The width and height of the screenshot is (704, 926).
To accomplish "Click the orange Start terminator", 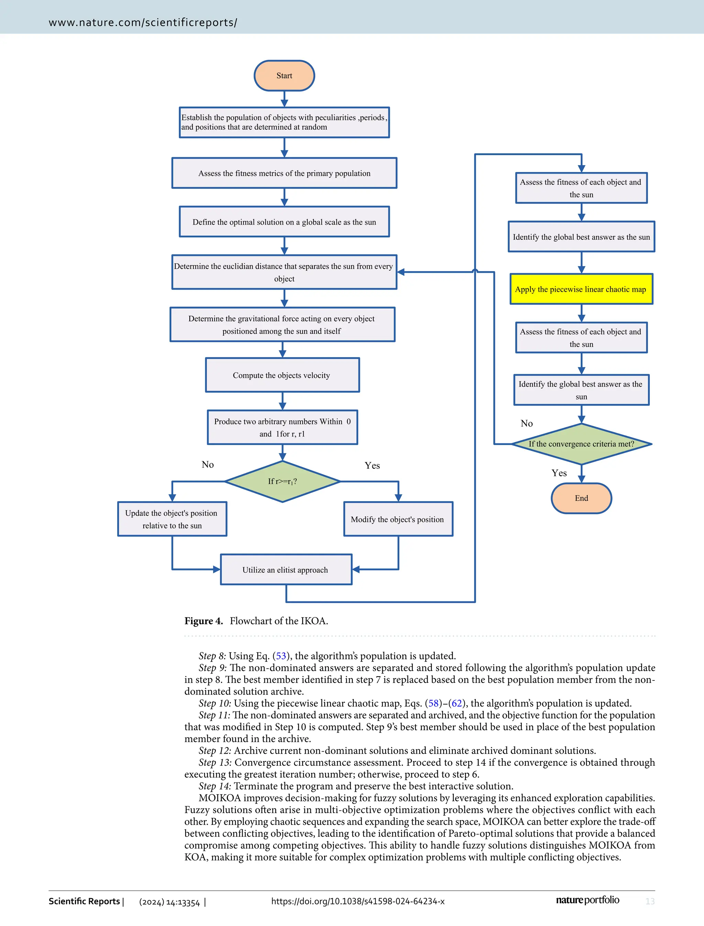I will click(x=284, y=75).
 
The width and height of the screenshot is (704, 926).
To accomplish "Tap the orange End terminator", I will click(x=581, y=498).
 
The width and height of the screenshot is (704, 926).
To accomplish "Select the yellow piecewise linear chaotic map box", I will click(x=581, y=289).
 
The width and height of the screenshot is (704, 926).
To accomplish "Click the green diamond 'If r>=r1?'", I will click(x=283, y=482).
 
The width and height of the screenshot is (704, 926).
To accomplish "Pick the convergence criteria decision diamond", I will click(x=581, y=444).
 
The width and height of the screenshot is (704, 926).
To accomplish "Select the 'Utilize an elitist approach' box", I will click(x=286, y=570).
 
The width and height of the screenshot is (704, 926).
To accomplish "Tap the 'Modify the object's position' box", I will click(x=398, y=519).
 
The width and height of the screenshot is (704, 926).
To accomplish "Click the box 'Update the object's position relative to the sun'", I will click(x=172, y=519).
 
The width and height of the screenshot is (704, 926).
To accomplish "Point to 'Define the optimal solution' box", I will click(x=284, y=222).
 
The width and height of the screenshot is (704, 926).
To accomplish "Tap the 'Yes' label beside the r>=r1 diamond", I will click(x=372, y=465).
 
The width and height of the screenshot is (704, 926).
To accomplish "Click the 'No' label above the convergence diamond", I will click(x=527, y=423).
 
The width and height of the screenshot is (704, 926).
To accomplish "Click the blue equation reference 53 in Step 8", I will click(x=281, y=656).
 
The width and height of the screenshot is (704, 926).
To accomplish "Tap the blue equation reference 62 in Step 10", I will click(x=456, y=703).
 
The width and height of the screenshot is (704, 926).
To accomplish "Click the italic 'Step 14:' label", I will click(x=214, y=786).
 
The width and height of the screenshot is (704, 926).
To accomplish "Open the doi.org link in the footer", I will click(x=357, y=901).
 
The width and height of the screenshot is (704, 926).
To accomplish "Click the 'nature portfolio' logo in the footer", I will click(x=587, y=900).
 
